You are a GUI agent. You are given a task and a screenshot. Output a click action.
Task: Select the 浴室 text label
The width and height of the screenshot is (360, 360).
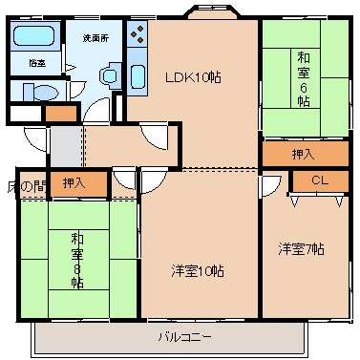point(35,63)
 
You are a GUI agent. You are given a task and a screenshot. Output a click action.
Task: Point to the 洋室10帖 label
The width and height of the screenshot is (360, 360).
point(198,271)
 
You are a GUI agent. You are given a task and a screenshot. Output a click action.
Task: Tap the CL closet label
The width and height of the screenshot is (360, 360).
point(320,180)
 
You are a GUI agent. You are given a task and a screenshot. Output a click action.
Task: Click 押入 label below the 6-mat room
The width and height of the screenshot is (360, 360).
point(302,153)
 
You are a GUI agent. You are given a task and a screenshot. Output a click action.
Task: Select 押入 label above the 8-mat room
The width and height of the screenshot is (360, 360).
point(73,181)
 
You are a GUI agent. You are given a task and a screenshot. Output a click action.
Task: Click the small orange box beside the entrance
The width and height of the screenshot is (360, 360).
point(61,114)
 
